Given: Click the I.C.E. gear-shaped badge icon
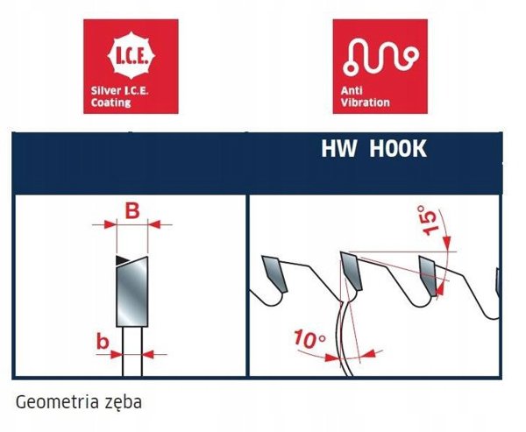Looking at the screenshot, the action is [x=131, y=57].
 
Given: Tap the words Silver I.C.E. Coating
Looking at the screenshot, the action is [x=120, y=96].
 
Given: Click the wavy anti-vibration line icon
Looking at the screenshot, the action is [x=380, y=56].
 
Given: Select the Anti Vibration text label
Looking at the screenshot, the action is [x=365, y=96].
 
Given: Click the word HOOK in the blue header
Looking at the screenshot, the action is [x=398, y=148].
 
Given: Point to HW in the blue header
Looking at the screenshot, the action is [x=338, y=148].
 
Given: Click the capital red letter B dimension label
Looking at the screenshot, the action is [x=132, y=211].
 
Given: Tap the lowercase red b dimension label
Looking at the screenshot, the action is [x=103, y=342].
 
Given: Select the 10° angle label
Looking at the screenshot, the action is [x=309, y=338].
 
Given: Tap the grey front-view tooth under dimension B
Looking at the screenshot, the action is [x=132, y=291].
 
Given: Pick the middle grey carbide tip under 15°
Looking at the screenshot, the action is [x=352, y=271].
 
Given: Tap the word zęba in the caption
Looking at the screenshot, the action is [x=124, y=402].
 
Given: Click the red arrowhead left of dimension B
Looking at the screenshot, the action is [x=110, y=224].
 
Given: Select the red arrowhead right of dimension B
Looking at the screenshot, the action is [x=154, y=224].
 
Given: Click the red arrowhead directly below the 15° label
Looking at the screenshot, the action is [x=447, y=243].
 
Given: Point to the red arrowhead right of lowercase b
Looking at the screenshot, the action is [x=147, y=354].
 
